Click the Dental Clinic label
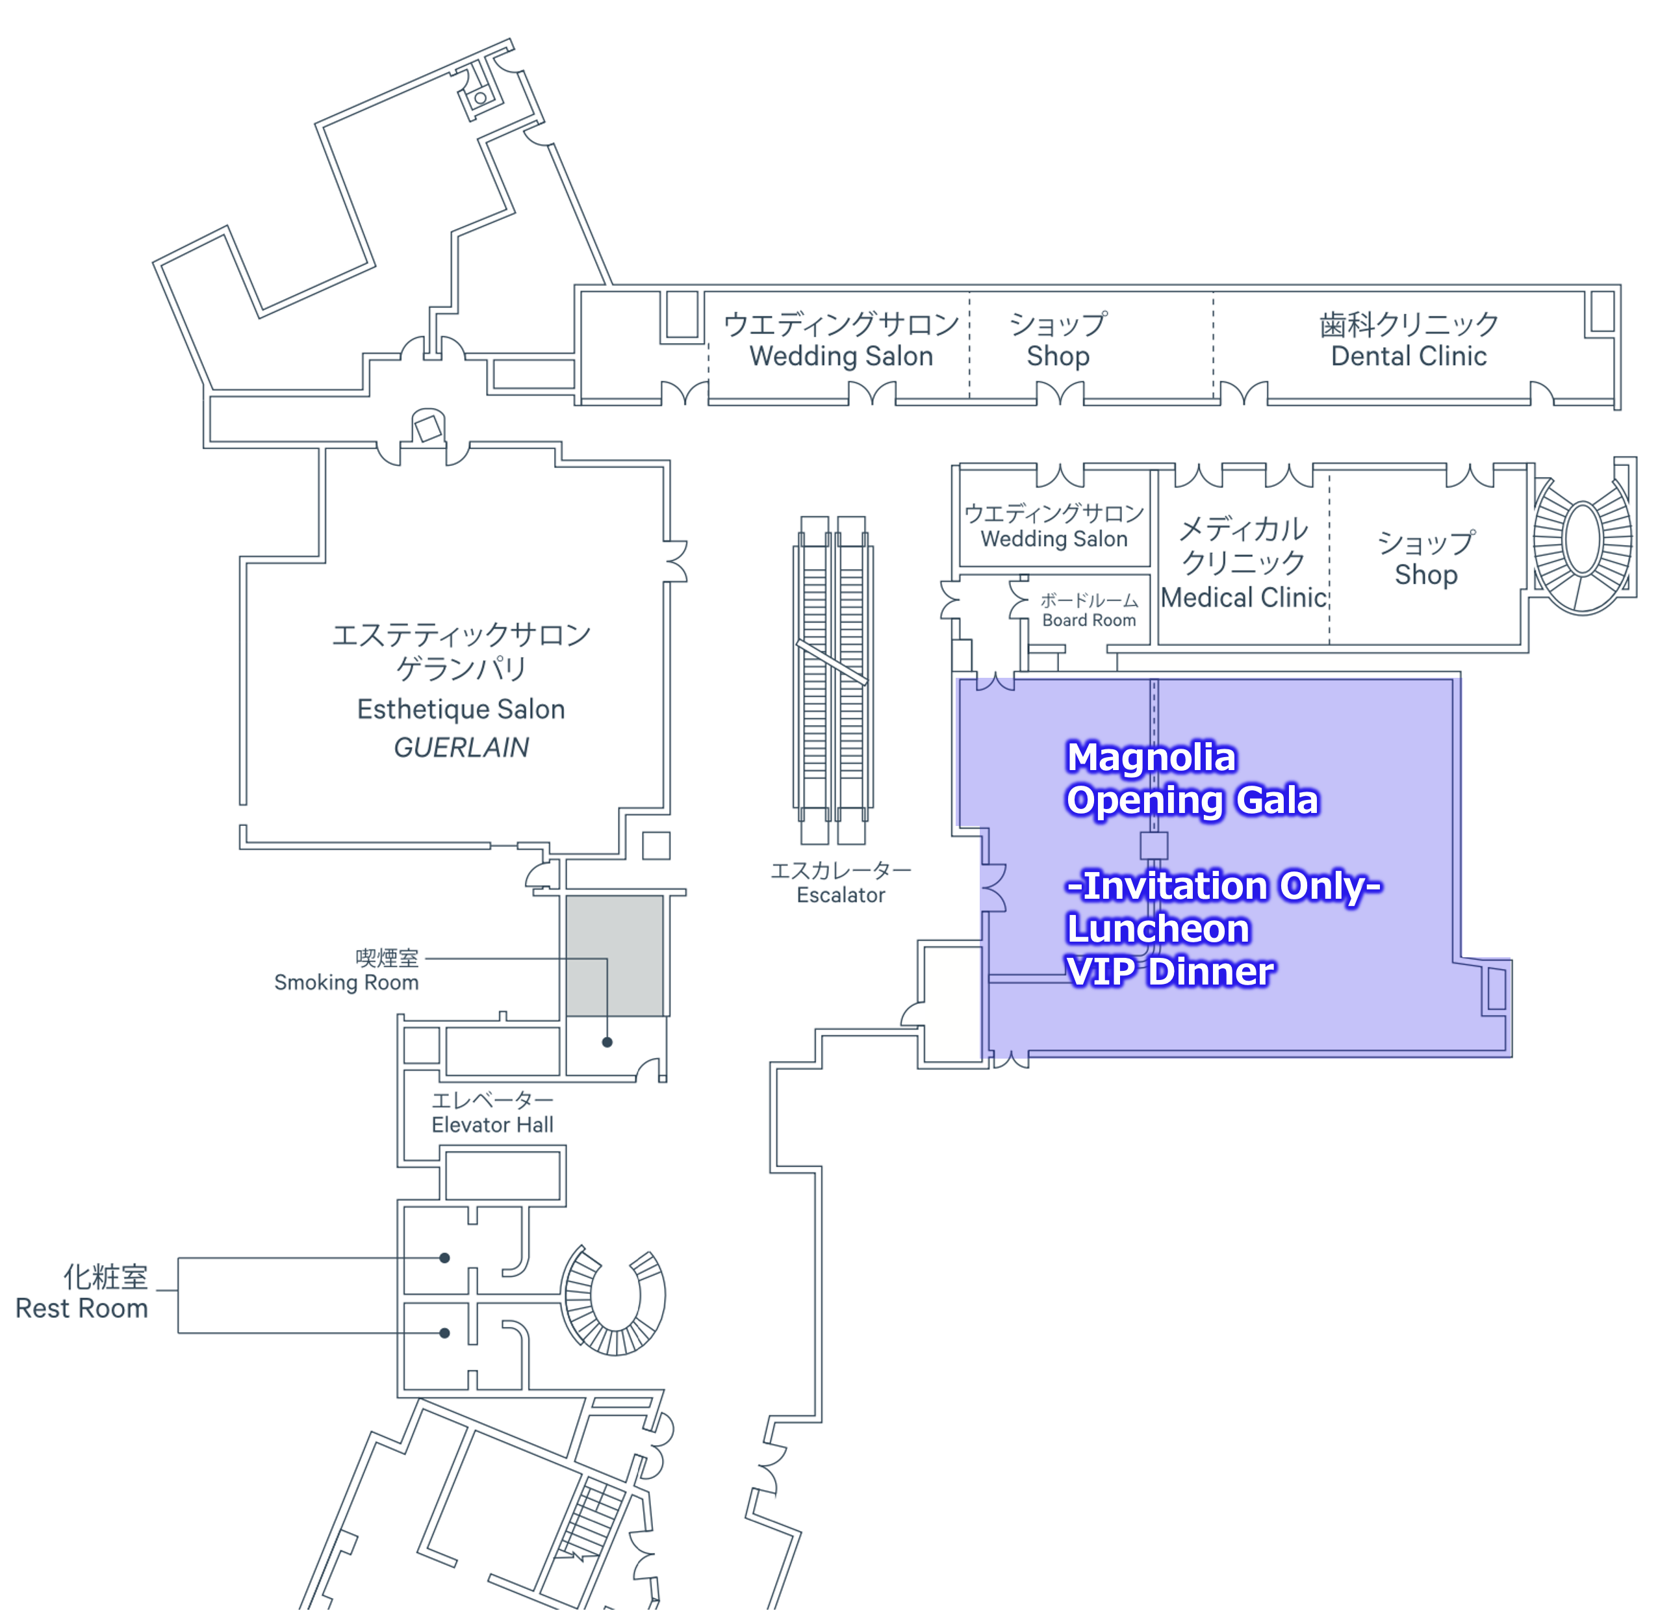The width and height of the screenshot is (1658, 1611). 1409,356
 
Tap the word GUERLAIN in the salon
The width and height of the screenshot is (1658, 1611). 461,747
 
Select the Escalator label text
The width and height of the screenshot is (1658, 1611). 840,896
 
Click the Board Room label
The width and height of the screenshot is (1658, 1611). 1089,620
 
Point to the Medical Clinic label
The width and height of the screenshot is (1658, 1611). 1243,597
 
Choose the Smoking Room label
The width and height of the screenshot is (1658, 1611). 346,983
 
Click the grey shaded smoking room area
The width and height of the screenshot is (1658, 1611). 614,955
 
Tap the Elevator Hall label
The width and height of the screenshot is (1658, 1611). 492,1124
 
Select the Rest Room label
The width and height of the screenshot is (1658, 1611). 82,1308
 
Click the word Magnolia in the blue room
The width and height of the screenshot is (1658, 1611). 1151,757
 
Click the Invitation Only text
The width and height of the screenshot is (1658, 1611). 1223,886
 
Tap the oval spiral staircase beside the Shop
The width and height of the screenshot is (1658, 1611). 1582,539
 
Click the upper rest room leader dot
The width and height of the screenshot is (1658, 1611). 444,1257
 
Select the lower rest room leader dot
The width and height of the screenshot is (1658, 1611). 444,1333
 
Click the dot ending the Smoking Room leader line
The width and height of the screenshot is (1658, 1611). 607,1042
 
